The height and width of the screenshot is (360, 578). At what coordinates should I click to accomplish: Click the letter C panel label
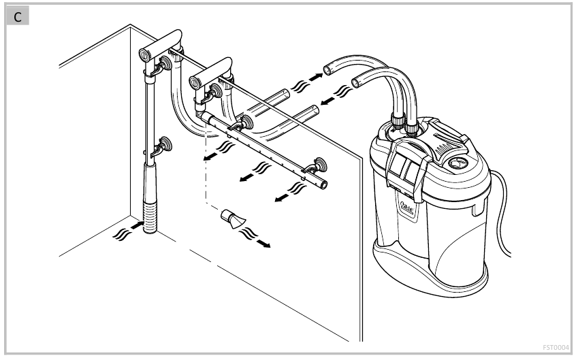(18, 17)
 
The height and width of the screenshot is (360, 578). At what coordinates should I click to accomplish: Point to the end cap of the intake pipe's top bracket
(145, 54)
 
